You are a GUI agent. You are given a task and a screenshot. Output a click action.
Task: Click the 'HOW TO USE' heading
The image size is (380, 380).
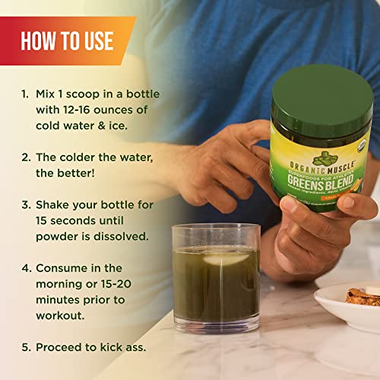click(x=69, y=40)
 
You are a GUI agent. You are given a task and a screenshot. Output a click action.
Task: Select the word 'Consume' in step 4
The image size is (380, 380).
click(x=62, y=268)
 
